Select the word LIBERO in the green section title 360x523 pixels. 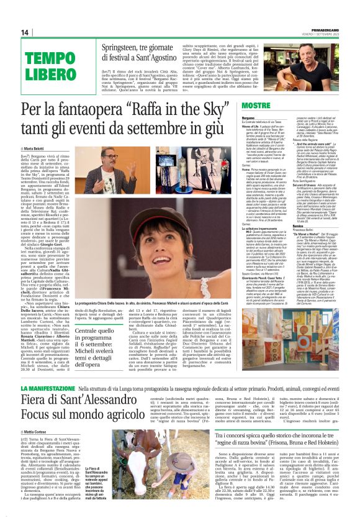[x=49, y=73]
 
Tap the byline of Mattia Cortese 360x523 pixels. [x=42, y=431]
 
